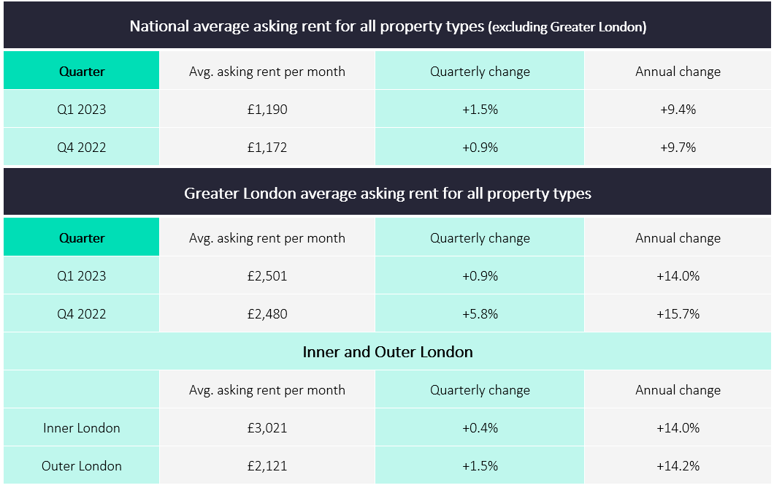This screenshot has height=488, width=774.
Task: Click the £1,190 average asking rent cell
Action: (x=267, y=110)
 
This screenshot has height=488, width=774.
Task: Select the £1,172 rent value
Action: (x=267, y=148)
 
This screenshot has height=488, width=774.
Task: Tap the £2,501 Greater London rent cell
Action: (x=267, y=276)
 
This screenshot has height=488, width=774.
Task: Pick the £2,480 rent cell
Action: (x=267, y=314)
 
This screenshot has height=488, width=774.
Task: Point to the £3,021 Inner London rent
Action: (x=267, y=428)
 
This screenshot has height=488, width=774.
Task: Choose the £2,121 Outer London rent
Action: (x=267, y=466)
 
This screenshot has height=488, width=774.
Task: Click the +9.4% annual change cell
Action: (x=678, y=110)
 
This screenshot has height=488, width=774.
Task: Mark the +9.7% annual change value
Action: (x=678, y=148)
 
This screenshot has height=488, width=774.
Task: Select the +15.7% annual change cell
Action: (x=678, y=314)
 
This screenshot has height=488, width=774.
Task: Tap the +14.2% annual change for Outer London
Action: (x=678, y=466)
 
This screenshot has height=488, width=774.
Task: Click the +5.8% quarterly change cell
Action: (x=480, y=314)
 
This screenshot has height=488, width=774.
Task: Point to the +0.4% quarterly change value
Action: (x=480, y=428)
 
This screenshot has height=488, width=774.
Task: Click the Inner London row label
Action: (x=82, y=428)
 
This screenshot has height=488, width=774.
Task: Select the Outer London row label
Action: (x=82, y=466)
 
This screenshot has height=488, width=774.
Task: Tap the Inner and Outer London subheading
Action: (x=388, y=352)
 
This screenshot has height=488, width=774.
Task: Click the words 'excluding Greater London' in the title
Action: (x=567, y=27)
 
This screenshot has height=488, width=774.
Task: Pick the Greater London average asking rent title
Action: (x=388, y=194)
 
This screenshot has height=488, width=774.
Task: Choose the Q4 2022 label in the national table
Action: (x=82, y=148)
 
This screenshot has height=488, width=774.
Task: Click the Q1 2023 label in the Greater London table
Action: (x=82, y=276)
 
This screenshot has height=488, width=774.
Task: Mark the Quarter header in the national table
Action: (x=82, y=72)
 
